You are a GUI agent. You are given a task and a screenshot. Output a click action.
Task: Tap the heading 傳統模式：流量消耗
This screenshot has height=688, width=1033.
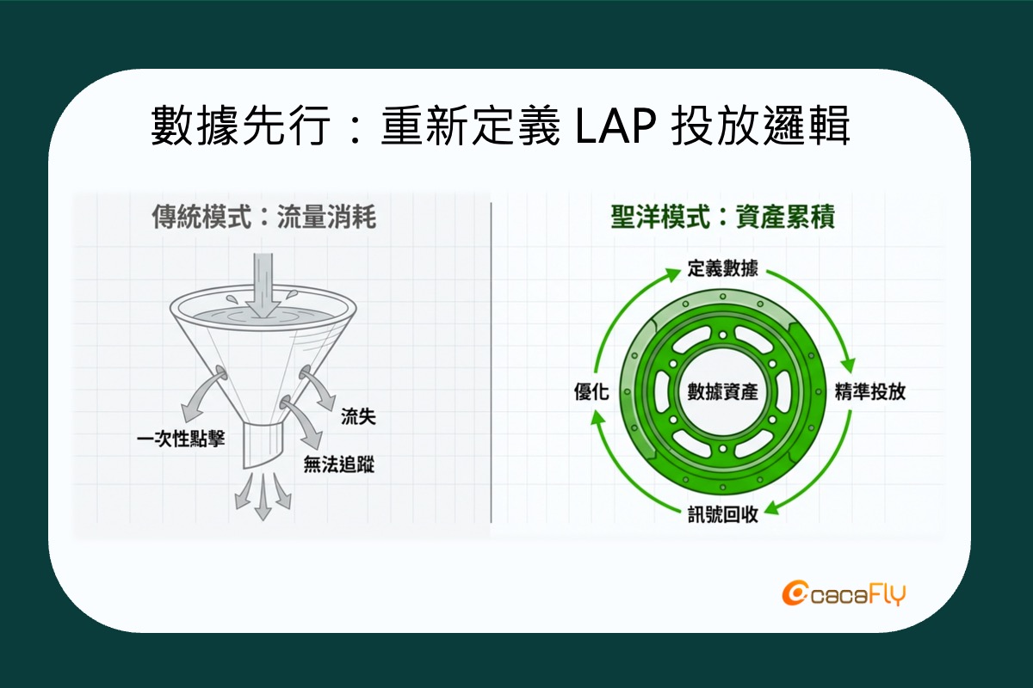(x=263, y=217)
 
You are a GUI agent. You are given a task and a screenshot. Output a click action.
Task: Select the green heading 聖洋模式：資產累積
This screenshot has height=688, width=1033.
(x=722, y=217)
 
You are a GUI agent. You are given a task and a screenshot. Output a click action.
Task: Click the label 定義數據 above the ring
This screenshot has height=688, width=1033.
(x=722, y=268)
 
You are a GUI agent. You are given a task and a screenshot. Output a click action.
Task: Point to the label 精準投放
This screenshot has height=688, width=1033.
(x=870, y=391)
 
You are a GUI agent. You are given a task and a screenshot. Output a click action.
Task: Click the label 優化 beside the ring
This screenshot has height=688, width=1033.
(x=591, y=391)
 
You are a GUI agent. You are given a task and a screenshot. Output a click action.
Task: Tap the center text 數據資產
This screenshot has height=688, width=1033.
(x=722, y=391)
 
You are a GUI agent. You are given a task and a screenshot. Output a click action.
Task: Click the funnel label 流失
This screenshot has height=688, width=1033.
(x=358, y=416)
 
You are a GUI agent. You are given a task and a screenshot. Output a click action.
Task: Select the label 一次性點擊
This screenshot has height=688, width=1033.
(x=181, y=439)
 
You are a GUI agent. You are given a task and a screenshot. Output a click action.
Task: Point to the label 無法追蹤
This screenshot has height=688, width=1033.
(x=339, y=464)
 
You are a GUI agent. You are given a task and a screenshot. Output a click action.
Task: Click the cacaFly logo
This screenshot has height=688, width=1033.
(x=844, y=595)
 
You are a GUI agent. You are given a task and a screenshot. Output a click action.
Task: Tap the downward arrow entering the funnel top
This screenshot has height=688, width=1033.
(x=263, y=286)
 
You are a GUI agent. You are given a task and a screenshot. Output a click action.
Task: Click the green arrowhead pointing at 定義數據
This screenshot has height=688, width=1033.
(x=671, y=274)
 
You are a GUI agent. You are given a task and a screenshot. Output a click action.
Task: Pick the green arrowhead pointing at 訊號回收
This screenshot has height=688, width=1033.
(x=774, y=508)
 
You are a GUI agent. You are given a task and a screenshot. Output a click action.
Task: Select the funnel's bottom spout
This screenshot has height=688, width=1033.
(x=262, y=445)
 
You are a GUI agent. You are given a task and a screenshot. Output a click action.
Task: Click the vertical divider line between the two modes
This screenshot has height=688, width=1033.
(x=492, y=362)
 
